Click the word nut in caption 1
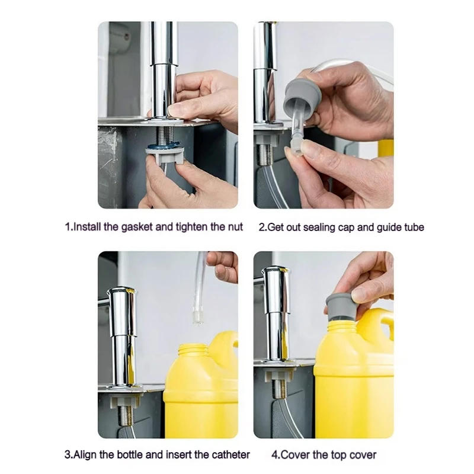tap(234, 227)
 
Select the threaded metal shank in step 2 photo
tap(265, 153)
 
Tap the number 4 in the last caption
tap(274, 455)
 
